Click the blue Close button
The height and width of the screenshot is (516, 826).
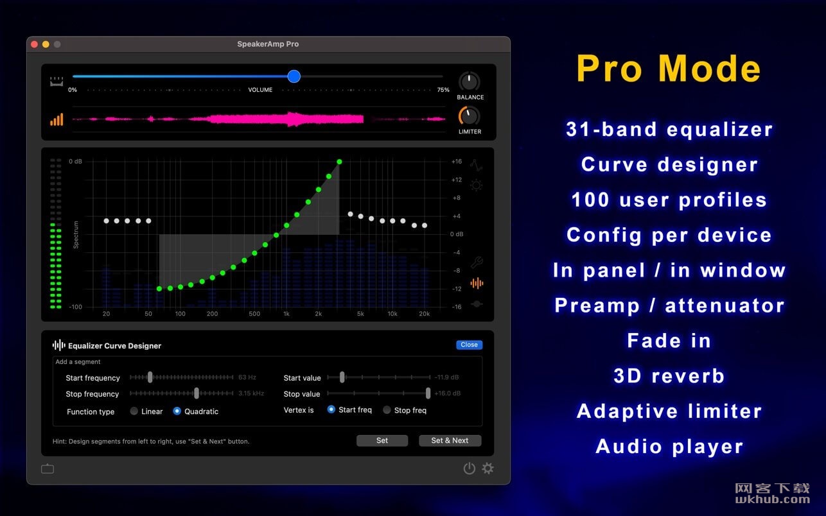click(x=469, y=345)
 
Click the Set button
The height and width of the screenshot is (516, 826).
click(x=382, y=440)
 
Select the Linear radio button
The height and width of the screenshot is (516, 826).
click(x=134, y=411)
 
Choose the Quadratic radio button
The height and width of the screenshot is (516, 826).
click(x=177, y=411)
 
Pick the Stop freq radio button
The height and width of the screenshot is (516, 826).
click(x=387, y=410)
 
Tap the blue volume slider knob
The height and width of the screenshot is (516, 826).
click(x=294, y=76)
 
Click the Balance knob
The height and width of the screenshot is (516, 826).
click(x=469, y=81)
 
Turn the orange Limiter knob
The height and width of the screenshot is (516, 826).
click(x=469, y=116)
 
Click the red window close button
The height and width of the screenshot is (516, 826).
click(x=34, y=44)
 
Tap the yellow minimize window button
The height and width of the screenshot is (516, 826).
click(x=46, y=44)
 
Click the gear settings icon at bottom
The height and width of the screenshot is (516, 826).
click(x=488, y=468)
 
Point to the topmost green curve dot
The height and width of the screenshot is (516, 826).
click(x=339, y=162)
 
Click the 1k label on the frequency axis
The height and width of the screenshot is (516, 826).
click(x=286, y=314)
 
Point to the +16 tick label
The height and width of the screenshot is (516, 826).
click(x=457, y=162)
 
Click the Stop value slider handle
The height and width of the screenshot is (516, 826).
click(x=428, y=393)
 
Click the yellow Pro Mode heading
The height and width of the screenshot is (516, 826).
click(x=669, y=69)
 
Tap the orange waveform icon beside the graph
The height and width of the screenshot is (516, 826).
click(x=477, y=283)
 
